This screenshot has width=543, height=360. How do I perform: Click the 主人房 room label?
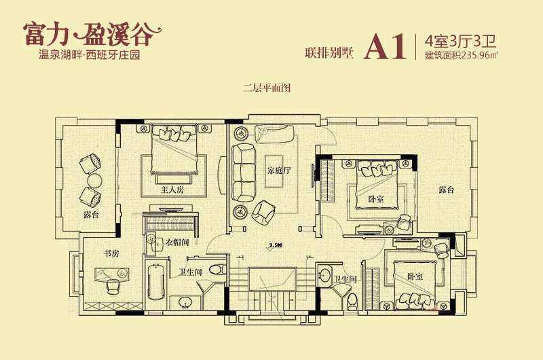(172, 190)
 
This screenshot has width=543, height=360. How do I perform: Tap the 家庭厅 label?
(279, 170)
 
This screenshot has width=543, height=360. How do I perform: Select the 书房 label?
(111, 253)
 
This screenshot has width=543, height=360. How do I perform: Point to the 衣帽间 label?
(176, 242)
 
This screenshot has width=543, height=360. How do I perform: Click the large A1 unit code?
(385, 47)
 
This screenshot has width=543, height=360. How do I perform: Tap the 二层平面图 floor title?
(266, 88)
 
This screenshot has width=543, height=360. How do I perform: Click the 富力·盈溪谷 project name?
(92, 35)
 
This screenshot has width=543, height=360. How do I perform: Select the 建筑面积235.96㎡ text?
(462, 55)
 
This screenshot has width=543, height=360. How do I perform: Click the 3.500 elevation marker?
(276, 245)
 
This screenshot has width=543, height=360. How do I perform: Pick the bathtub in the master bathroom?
(156, 281)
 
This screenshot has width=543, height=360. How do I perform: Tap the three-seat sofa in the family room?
(243, 173)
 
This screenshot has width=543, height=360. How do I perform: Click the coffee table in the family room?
(274, 171)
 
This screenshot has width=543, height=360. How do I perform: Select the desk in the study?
(112, 274)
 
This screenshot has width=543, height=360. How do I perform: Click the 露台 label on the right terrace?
(446, 190)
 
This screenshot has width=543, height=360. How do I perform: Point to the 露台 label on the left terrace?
(91, 215)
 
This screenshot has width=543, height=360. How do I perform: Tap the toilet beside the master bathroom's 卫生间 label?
(218, 269)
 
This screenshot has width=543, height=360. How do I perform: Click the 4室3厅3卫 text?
(461, 41)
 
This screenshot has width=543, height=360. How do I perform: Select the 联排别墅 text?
(329, 53)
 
